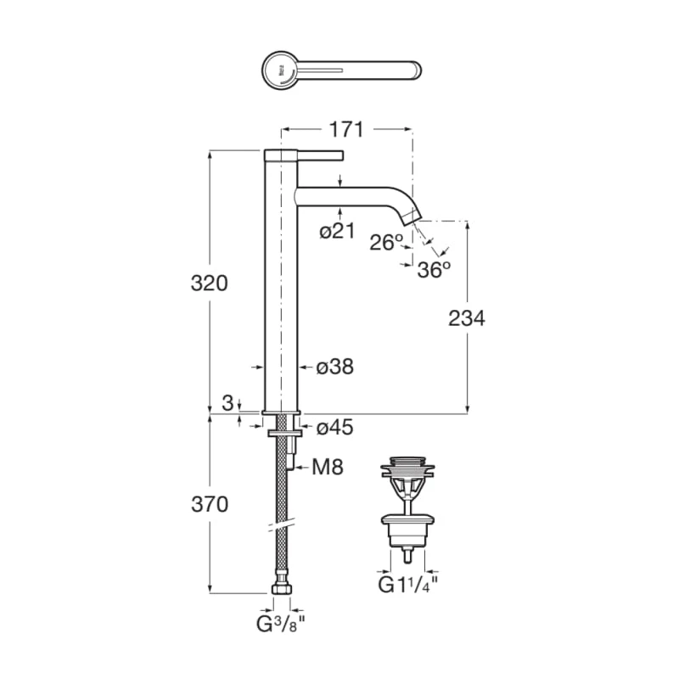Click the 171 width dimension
pos(346,129)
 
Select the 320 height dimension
pos(209,283)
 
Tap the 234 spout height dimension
pos(466,318)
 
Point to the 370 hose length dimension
pos(210,504)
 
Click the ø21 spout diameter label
pos(337,230)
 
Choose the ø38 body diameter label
pos(334,367)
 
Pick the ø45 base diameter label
pos(334,428)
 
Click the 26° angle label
pos(386,242)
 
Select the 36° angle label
pos(434,270)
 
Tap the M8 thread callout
pos(328,467)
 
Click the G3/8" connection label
pos(281,624)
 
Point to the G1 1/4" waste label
pos(408,585)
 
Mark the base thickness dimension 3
pos(227,403)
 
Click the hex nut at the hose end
pos(282,588)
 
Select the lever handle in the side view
pos(321,155)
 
